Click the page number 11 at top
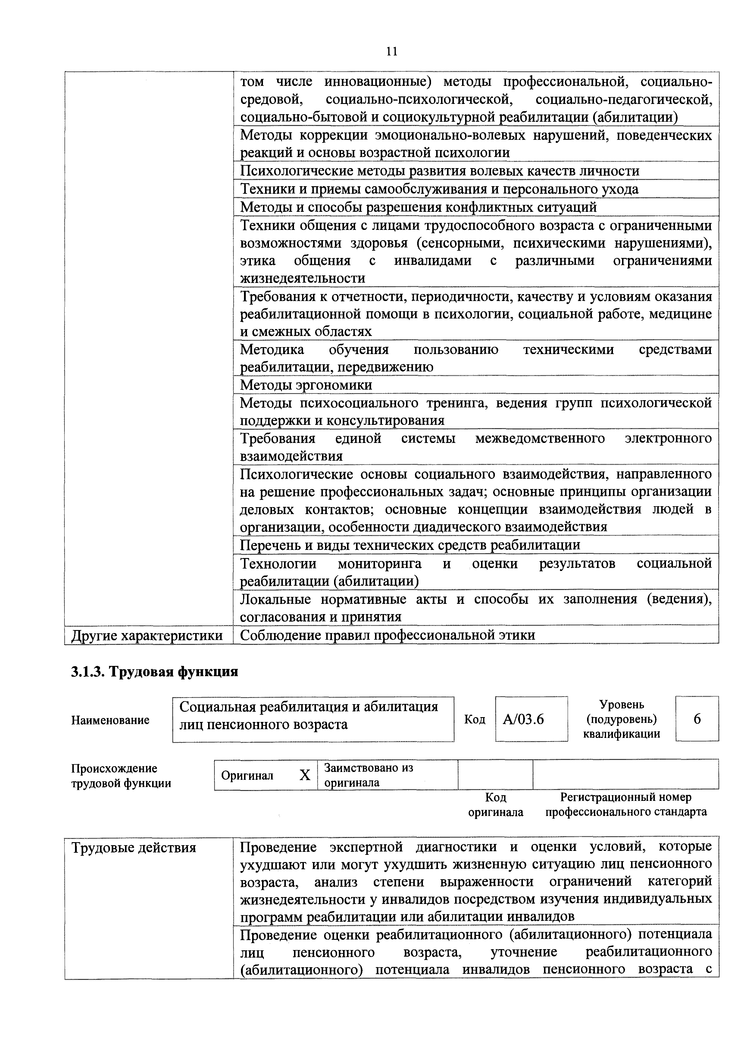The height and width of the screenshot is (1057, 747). coord(391,51)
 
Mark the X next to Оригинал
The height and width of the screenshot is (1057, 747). coord(305,775)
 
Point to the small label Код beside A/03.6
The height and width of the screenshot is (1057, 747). coord(474,720)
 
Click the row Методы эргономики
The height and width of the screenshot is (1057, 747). coord(306,384)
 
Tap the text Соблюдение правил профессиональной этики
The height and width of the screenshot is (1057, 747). coord(388,635)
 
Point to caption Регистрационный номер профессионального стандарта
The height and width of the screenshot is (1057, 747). coord(626,805)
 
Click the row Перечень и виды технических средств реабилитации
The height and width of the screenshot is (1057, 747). coord(410,545)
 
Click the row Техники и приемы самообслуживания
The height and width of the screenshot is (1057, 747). coord(439,189)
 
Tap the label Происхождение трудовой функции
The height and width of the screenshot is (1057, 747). coord(120,776)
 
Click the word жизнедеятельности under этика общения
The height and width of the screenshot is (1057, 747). coord(303,278)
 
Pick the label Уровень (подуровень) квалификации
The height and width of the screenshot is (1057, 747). coord(621,719)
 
